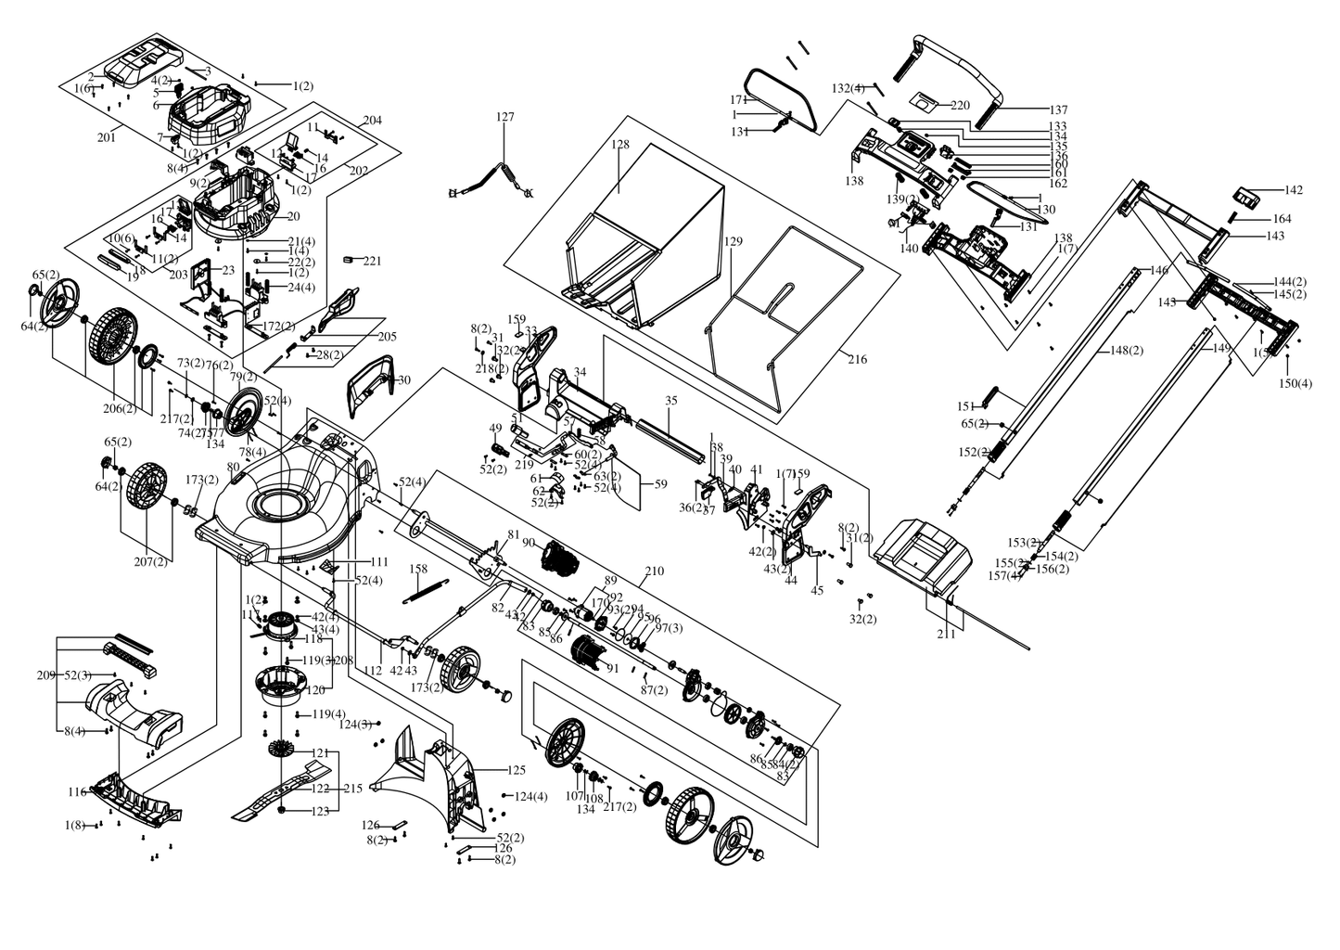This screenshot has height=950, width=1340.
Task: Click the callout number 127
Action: click(504, 117)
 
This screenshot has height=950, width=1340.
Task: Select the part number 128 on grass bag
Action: click(620, 145)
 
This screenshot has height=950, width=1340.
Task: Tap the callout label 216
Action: click(858, 359)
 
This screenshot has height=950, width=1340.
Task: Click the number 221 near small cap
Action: click(372, 261)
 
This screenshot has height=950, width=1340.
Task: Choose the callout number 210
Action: click(654, 571)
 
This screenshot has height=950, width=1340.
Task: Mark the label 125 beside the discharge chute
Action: click(517, 770)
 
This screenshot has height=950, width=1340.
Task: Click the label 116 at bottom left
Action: click(77, 791)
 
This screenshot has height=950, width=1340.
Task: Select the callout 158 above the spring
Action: click(418, 569)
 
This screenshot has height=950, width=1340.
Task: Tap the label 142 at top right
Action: click(1293, 190)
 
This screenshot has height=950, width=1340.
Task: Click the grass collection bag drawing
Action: click(649, 232)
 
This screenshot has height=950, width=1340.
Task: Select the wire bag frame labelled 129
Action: click(788, 315)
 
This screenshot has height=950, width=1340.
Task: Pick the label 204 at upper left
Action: click(372, 121)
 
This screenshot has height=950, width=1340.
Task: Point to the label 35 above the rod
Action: click(671, 401)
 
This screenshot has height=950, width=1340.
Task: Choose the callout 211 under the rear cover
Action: click(946, 635)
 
